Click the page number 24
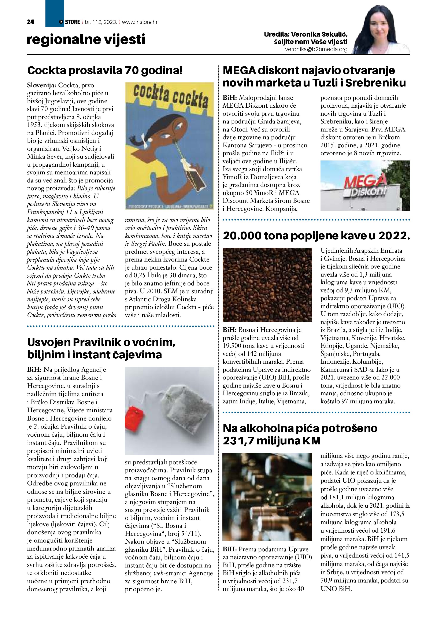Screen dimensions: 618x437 pyautogui.click(x=30, y=22)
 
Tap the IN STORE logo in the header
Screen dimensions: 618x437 pyautogui.click(x=70, y=22)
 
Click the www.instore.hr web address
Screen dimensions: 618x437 pyautogui.click(x=140, y=22)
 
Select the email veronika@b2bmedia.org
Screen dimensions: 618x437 pyautogui.click(x=316, y=49)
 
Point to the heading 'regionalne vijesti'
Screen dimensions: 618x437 pyautogui.click(x=86, y=40)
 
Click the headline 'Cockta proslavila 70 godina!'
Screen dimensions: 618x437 pyautogui.click(x=105, y=71)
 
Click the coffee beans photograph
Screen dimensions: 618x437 pyautogui.click(x=267, y=285)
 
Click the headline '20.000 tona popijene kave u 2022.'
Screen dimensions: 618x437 pyautogui.click(x=316, y=236)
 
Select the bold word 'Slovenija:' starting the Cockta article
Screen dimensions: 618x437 pyautogui.click(x=41, y=86)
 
